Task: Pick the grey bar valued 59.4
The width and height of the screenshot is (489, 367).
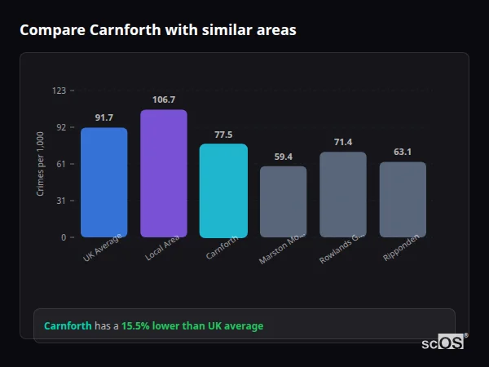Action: (284, 201)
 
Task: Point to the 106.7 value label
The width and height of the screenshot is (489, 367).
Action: (164, 99)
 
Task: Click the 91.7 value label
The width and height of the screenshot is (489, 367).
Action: (104, 117)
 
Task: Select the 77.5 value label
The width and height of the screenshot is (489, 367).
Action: (223, 135)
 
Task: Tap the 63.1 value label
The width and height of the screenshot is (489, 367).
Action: (403, 152)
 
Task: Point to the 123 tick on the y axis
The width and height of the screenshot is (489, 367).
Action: (59, 91)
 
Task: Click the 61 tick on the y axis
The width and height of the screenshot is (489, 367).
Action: (60, 164)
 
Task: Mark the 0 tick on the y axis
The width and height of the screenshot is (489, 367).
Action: (63, 237)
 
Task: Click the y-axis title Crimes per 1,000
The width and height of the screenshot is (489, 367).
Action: (40, 164)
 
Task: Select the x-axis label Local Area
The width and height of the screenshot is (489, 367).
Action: (162, 249)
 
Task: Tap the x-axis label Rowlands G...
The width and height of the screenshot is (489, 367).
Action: (341, 248)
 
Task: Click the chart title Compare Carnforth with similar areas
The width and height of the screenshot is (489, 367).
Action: (158, 30)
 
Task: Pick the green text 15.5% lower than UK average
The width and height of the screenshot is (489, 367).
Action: (192, 326)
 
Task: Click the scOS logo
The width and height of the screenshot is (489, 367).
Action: (443, 343)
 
